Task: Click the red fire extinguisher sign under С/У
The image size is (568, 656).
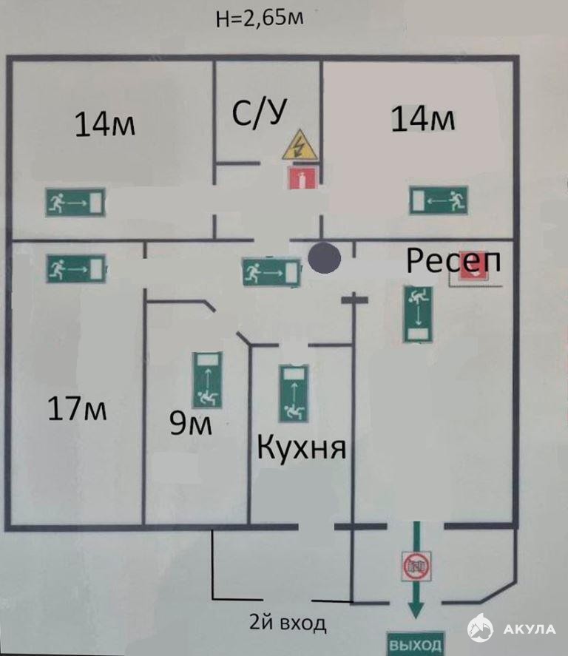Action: coord(301,177)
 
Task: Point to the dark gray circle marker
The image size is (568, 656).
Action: coord(324,258)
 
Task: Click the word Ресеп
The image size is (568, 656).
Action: coord(453,260)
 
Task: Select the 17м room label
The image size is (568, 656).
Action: coord(76,408)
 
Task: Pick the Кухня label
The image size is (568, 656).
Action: coord(301,447)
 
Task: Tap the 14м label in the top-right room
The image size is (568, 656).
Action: coord(422,119)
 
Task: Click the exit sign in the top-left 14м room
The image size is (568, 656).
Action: coord(75,201)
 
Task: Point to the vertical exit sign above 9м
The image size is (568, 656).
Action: coord(208,380)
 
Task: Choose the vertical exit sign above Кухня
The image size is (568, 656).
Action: coord(294,393)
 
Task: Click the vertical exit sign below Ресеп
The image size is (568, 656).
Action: coord(418,314)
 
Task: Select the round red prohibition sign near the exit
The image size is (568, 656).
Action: coord(412,566)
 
